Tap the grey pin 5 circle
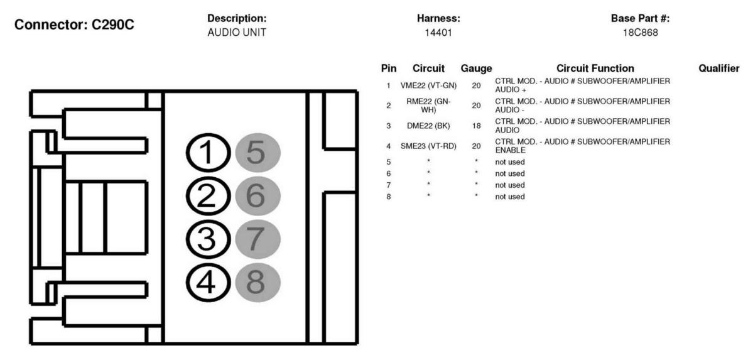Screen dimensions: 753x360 [257, 153]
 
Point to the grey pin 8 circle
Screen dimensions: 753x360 [257, 283]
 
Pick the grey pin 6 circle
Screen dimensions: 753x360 [257, 196]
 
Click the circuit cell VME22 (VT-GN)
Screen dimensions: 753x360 [428, 85]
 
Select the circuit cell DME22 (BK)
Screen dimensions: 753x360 [428, 126]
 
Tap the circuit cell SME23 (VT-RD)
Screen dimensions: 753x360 [428, 146]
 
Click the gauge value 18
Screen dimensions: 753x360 [476, 126]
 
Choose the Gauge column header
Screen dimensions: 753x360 [477, 68]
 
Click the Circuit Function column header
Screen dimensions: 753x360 [595, 68]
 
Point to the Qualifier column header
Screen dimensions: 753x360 [719, 68]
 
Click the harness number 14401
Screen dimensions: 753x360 [438, 33]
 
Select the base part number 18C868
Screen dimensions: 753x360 [640, 33]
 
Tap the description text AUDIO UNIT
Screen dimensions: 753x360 [236, 33]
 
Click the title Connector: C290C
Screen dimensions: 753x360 [75, 25]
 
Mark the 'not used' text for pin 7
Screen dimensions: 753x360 [510, 185]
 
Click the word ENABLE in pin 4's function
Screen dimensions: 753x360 [510, 150]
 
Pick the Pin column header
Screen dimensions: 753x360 [389, 68]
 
